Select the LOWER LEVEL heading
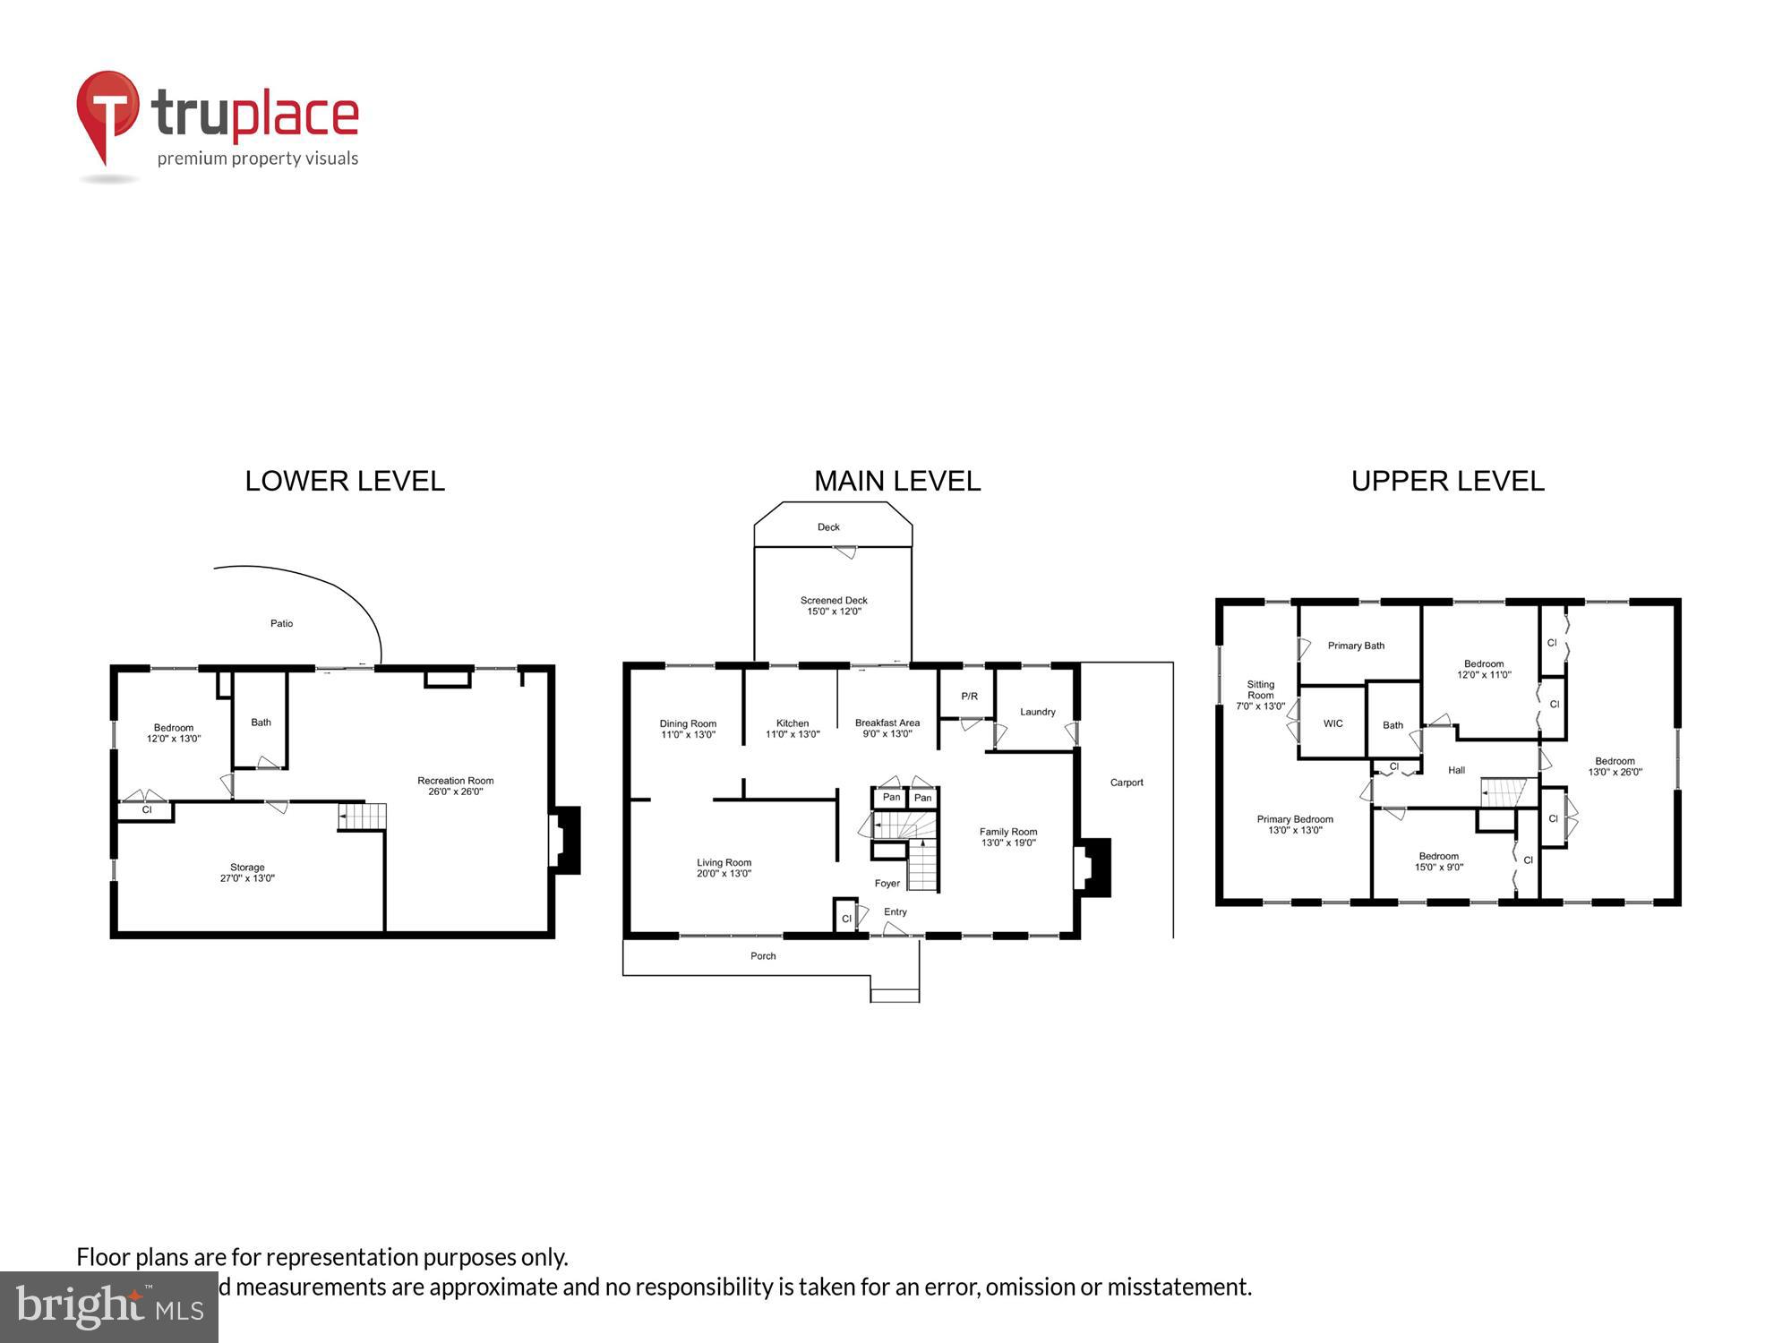pos(345,481)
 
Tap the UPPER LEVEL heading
pos(1447,481)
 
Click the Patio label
pos(281,623)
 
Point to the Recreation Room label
pos(455,781)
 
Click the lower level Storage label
pos(247,868)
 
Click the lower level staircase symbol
pos(363,817)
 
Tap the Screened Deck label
pos(834,601)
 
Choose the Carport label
pos(1127,783)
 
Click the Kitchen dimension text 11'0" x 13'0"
pos(793,735)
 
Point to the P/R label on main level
pos(969,696)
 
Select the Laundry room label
pos(1037,712)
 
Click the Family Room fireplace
pos(1093,866)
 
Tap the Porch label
pos(763,956)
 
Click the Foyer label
pos(887,884)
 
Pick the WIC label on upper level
pos(1333,723)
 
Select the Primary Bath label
pos(1356,646)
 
